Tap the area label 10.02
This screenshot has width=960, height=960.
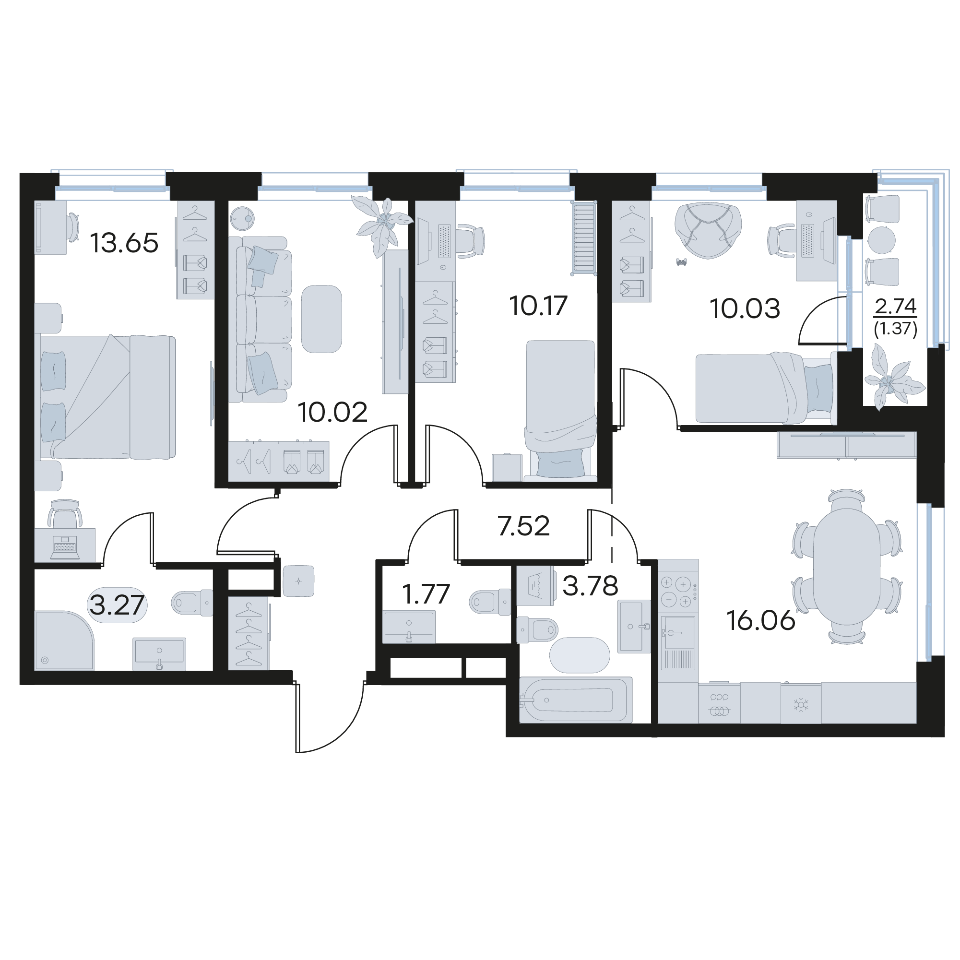pyautogui.click(x=332, y=413)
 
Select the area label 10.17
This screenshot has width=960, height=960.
pyautogui.click(x=538, y=306)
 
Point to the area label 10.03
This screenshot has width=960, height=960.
pyautogui.click(x=745, y=308)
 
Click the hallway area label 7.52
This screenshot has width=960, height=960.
pyautogui.click(x=524, y=526)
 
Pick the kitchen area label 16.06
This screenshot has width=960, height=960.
pyautogui.click(x=761, y=621)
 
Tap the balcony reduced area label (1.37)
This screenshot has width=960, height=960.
pyautogui.click(x=895, y=329)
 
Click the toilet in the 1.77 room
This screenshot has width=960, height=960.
pyautogui.click(x=490, y=602)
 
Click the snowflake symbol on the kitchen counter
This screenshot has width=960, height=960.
pyautogui.click(x=801, y=704)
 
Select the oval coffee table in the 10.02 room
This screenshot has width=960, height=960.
pyautogui.click(x=321, y=319)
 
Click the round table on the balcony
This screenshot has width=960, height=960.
pyautogui.click(x=881, y=240)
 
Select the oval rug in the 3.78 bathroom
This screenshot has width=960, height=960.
pyautogui.click(x=580, y=655)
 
